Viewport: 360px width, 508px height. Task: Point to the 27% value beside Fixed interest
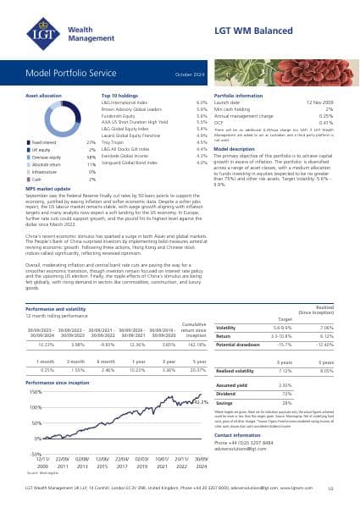[x=91, y=144]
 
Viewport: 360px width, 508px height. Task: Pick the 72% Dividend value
[x=285, y=394]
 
